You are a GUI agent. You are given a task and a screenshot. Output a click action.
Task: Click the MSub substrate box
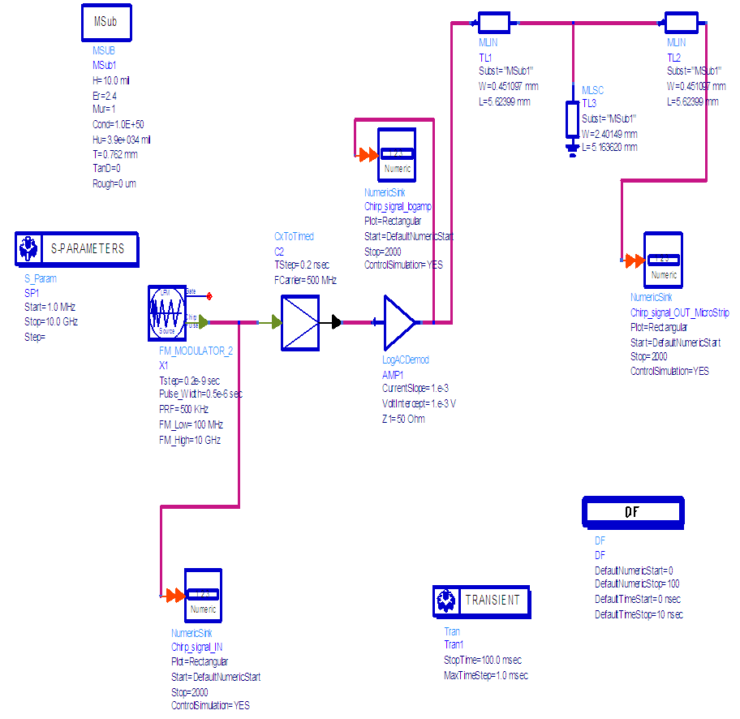[106, 23]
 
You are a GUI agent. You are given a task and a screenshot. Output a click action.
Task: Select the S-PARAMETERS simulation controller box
[77, 249]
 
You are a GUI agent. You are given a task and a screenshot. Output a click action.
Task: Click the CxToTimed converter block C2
[299, 322]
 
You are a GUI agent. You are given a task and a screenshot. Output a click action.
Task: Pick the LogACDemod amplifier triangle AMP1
[398, 322]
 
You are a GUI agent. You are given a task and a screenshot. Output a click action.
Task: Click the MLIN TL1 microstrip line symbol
[493, 24]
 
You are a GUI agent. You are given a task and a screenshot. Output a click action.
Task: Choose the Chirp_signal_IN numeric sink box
[203, 596]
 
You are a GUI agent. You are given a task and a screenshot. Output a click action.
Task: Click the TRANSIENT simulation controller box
[481, 601]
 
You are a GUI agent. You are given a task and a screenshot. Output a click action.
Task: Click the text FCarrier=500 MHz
[305, 280]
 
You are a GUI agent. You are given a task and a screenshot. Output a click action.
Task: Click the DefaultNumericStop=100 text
[637, 584]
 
